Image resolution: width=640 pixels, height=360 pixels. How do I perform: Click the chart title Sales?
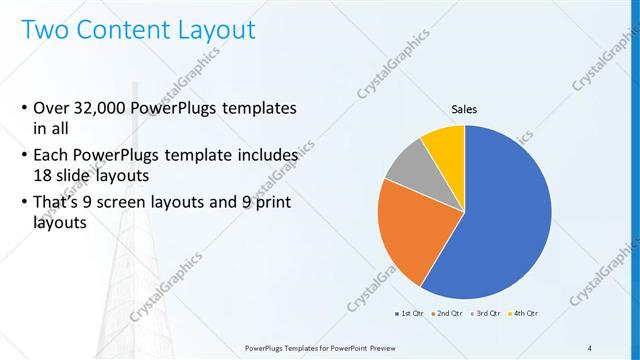pyautogui.click(x=464, y=109)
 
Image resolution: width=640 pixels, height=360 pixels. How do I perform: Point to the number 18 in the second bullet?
pyautogui.click(x=43, y=175)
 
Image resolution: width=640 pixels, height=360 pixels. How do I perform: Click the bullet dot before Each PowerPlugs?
pyautogui.click(x=23, y=156)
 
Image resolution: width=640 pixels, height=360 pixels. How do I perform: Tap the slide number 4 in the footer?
pyautogui.click(x=590, y=347)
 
